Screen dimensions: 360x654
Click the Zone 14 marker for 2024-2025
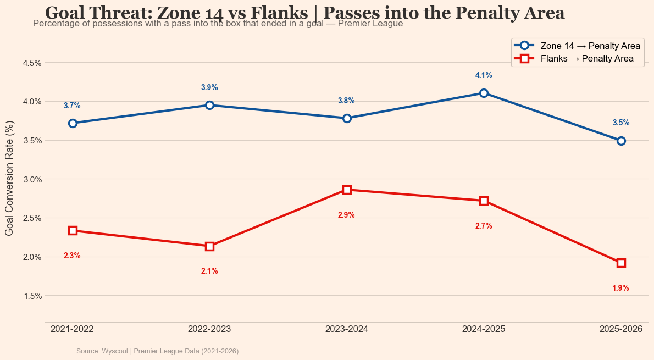point(484,93)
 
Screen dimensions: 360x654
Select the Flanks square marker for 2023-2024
point(347,190)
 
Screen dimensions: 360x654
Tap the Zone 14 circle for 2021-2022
point(73,123)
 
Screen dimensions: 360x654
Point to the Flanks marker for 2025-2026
point(621,263)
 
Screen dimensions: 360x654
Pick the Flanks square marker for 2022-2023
point(209,246)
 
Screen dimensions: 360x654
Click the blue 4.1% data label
point(484,75)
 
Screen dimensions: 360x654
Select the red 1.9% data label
point(620,288)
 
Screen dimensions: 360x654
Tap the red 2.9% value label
point(346,215)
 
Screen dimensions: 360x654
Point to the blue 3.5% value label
point(621,123)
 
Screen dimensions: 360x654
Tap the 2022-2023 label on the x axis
point(209,329)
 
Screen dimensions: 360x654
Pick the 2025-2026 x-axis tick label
point(621,329)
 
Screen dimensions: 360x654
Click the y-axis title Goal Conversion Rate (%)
point(9,179)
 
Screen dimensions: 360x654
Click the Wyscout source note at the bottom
point(157,351)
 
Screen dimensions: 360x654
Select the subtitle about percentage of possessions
point(218,24)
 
